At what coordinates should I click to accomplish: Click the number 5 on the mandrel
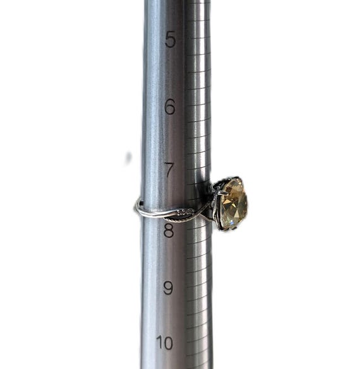point(171,39)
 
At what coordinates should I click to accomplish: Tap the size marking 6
point(170,107)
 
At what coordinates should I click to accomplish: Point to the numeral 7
point(169,170)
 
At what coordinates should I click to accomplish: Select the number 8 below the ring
point(169,230)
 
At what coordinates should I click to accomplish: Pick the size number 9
point(168,288)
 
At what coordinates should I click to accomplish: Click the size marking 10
point(164,343)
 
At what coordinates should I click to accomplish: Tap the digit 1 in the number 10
point(159,343)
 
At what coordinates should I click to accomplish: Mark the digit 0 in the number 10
point(168,343)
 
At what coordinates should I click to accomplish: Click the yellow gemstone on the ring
point(234,203)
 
